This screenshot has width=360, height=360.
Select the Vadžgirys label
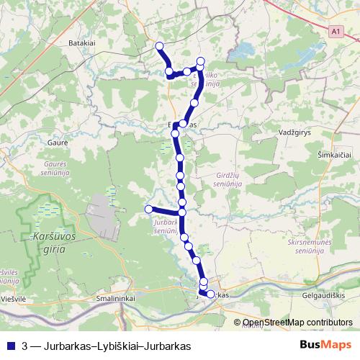click(294, 133)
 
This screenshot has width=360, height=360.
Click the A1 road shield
click(336, 32)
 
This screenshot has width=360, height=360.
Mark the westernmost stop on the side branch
click(148, 209)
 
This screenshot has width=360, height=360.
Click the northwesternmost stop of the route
click(159, 47)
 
